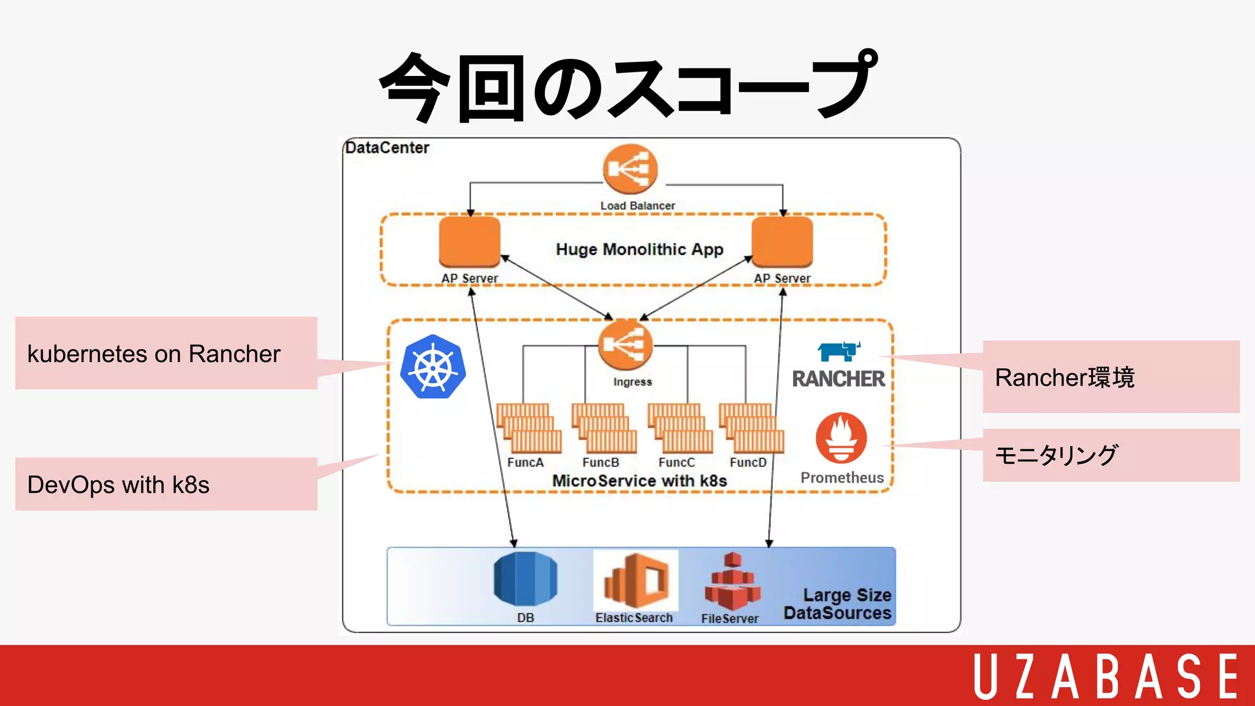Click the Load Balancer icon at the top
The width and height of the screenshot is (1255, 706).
click(629, 169)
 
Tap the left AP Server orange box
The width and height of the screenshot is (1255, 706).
click(469, 242)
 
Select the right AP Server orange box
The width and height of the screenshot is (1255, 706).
click(782, 242)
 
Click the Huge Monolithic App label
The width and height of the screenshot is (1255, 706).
click(639, 249)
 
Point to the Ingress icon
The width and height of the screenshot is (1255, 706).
click(625, 345)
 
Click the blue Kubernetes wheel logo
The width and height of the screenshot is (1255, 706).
click(433, 367)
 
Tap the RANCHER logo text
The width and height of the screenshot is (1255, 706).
click(838, 379)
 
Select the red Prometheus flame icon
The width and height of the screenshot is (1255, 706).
click(841, 438)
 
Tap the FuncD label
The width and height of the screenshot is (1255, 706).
click(748, 463)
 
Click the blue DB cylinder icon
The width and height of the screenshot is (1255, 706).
click(525, 579)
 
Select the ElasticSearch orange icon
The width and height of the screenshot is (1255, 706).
click(635, 580)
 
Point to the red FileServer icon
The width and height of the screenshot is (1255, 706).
click(732, 582)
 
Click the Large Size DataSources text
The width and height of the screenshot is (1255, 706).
click(838, 604)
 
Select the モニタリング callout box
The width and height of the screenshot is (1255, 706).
click(1110, 455)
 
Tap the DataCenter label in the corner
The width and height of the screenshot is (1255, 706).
click(387, 148)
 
